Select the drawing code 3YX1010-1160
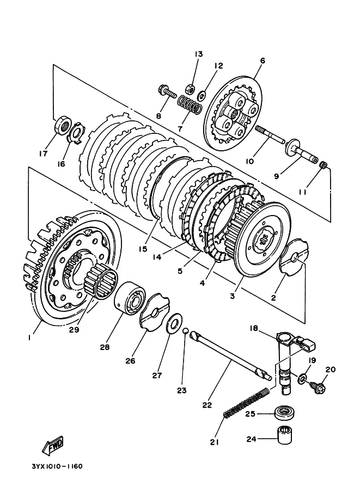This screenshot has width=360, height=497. (x=57, y=467)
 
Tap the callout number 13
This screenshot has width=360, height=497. (x=199, y=54)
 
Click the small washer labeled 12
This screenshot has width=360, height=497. (x=201, y=95)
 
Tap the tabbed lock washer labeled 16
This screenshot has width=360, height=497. (x=76, y=132)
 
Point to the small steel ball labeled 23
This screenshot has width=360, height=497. (x=186, y=331)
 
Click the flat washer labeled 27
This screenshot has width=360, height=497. (x=174, y=323)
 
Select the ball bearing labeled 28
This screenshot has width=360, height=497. (x=130, y=297)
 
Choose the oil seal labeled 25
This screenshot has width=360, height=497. (x=284, y=414)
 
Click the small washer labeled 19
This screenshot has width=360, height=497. (x=302, y=378)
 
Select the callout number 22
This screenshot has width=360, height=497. (x=207, y=405)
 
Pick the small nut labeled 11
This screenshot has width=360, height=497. (x=324, y=165)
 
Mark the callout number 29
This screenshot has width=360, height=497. (x=74, y=330)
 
